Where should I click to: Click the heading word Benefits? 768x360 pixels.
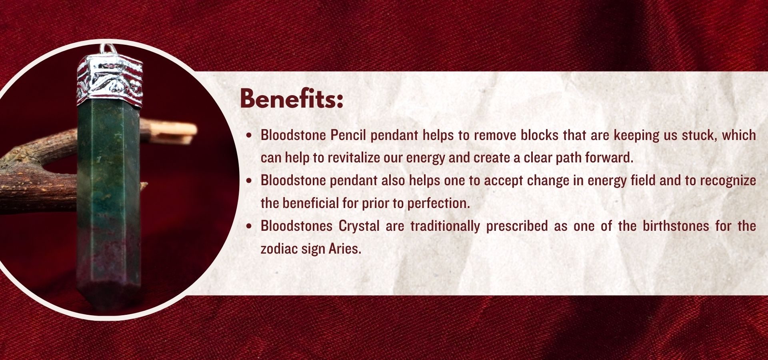click(x=292, y=98)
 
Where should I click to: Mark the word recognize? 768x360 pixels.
click(x=728, y=181)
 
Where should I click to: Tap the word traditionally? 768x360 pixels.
click(x=445, y=226)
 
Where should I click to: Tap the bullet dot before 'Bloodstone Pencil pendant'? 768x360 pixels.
click(x=250, y=136)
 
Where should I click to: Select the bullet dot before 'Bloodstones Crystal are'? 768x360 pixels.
click(x=250, y=226)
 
